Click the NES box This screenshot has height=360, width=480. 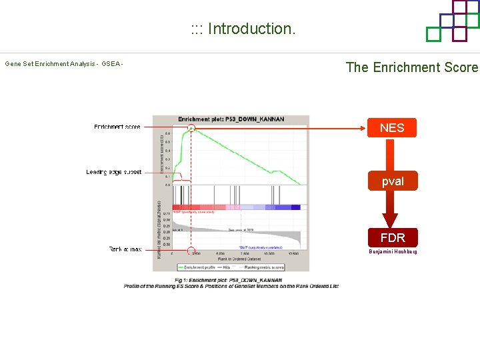coord(392,127)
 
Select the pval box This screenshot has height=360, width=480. coord(392,181)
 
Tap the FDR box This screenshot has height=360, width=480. coord(392,237)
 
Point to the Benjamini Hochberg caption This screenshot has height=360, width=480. coord(393,251)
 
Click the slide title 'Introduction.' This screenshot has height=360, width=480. coord(243,29)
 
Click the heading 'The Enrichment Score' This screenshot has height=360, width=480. coord(411,67)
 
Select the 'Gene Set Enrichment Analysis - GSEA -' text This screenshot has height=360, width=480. coord(64,64)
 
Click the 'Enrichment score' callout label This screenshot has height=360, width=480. coord(117,127)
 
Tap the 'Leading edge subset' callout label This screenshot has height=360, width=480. coord(114,172)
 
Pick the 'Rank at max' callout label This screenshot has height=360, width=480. coord(125,249)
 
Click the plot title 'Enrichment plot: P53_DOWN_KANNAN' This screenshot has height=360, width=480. coord(231,119)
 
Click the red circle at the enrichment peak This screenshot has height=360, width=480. coord(191,127)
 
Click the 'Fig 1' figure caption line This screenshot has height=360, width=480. coord(229,280)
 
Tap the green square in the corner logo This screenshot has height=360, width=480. coord(433,34)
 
